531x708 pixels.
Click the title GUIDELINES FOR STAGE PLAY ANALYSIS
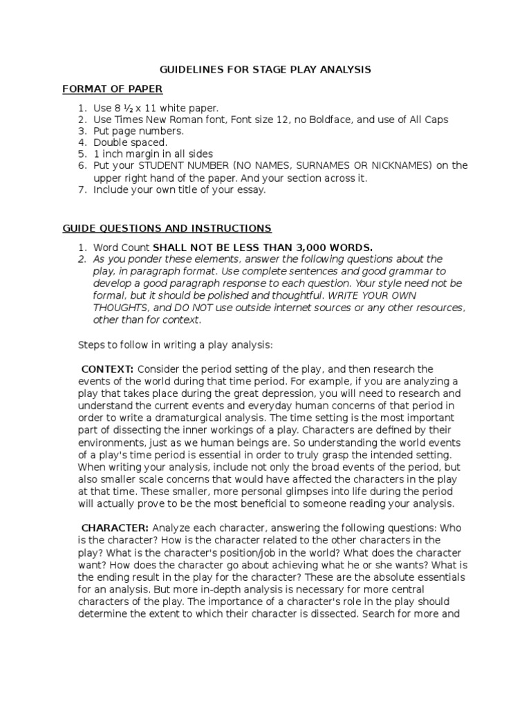[265, 70]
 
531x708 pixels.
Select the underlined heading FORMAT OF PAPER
[112, 88]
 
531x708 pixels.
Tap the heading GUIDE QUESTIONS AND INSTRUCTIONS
[167, 228]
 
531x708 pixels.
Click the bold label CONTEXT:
[108, 369]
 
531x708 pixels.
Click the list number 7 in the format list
[81, 189]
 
